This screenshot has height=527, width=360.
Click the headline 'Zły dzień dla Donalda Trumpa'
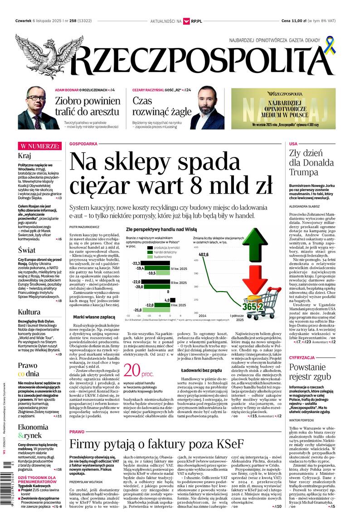click(310, 162)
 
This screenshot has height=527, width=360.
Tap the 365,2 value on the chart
click(253, 307)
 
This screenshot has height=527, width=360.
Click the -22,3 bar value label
click(135, 263)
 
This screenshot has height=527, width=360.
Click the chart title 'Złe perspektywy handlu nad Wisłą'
click(161, 229)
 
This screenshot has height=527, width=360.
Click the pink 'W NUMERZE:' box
click(39, 146)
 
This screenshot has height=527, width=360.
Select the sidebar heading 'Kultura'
click(29, 312)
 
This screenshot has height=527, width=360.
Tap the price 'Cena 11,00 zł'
click(293, 21)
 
